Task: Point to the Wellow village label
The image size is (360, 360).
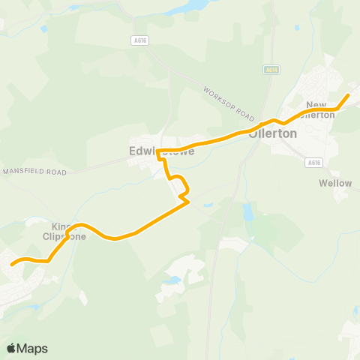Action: (x=334, y=183)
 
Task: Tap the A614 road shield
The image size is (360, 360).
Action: (x=271, y=69)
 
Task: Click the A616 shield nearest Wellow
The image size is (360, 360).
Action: (x=313, y=162)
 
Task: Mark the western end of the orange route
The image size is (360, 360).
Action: (x=12, y=264)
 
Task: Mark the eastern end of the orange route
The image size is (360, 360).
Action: (x=349, y=95)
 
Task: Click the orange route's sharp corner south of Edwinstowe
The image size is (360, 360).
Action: (x=187, y=202)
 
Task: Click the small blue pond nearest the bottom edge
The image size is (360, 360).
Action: (x=175, y=280)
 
